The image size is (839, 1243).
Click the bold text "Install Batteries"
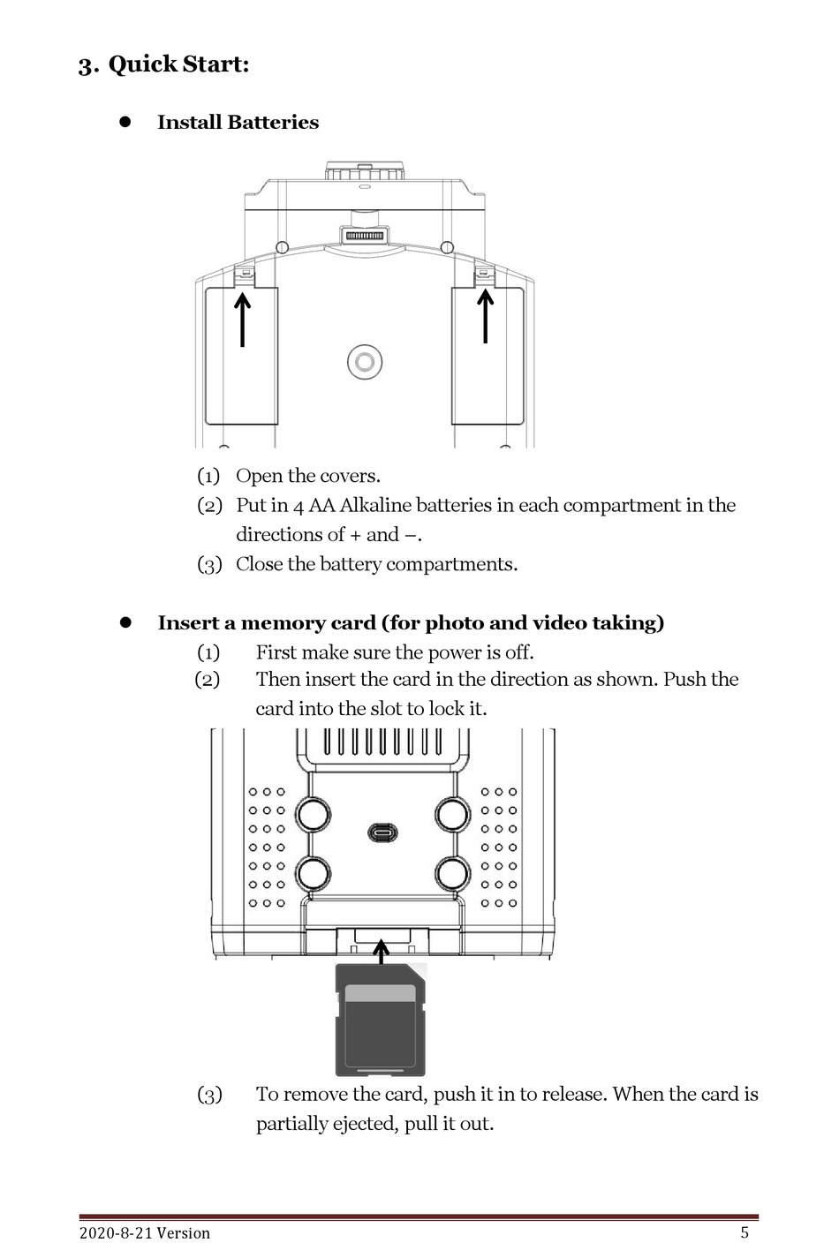point(238,123)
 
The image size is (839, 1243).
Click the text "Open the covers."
point(307,477)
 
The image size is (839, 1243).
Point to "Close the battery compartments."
point(376,565)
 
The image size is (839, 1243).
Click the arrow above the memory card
point(381,953)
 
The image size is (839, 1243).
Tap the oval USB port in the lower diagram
point(382,832)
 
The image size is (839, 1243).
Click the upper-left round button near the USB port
point(313,813)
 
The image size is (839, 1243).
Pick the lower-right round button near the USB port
point(452,874)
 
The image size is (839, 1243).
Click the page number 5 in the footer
point(745,1233)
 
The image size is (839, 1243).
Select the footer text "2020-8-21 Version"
point(145,1233)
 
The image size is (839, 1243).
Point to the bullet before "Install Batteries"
point(125,123)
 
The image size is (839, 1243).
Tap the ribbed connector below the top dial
point(364,236)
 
